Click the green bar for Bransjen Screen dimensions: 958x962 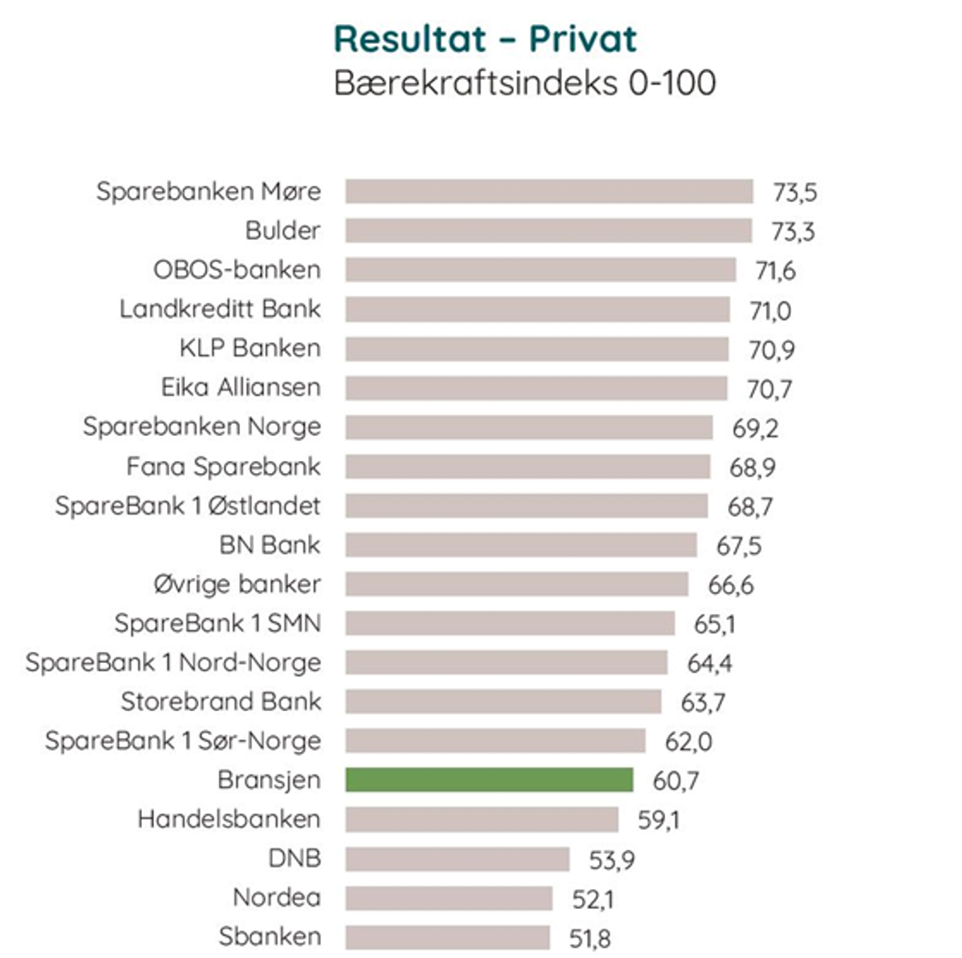489,780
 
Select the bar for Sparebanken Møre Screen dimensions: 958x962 549,192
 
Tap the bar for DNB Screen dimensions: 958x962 457,859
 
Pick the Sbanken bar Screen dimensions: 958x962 448,937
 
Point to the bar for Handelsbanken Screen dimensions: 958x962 481,819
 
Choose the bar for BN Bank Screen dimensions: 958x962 521,545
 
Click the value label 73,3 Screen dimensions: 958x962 793,232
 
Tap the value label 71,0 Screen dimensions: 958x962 770,310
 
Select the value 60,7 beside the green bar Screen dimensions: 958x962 676,781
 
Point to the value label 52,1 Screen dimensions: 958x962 593,899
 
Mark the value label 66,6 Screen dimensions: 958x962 730,585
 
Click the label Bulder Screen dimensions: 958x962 282,231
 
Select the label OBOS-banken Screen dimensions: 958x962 237,270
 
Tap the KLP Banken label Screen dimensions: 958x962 250,349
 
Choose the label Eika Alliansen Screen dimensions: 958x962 241,388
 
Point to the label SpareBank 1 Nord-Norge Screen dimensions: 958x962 173,663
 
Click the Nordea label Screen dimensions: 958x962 277,898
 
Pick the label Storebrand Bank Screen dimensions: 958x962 221,702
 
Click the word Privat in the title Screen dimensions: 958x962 582,38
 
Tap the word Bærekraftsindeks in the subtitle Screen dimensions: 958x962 477,83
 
